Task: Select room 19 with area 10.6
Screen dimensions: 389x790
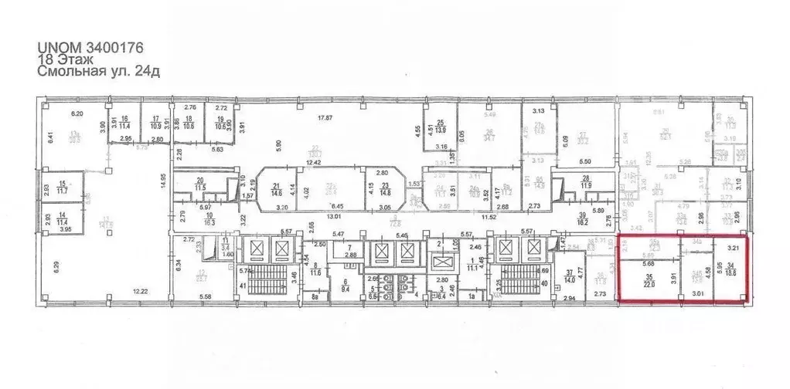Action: (221, 123)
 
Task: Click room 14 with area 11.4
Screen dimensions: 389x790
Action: (60, 220)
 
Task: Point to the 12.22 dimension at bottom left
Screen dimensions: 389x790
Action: (139, 292)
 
